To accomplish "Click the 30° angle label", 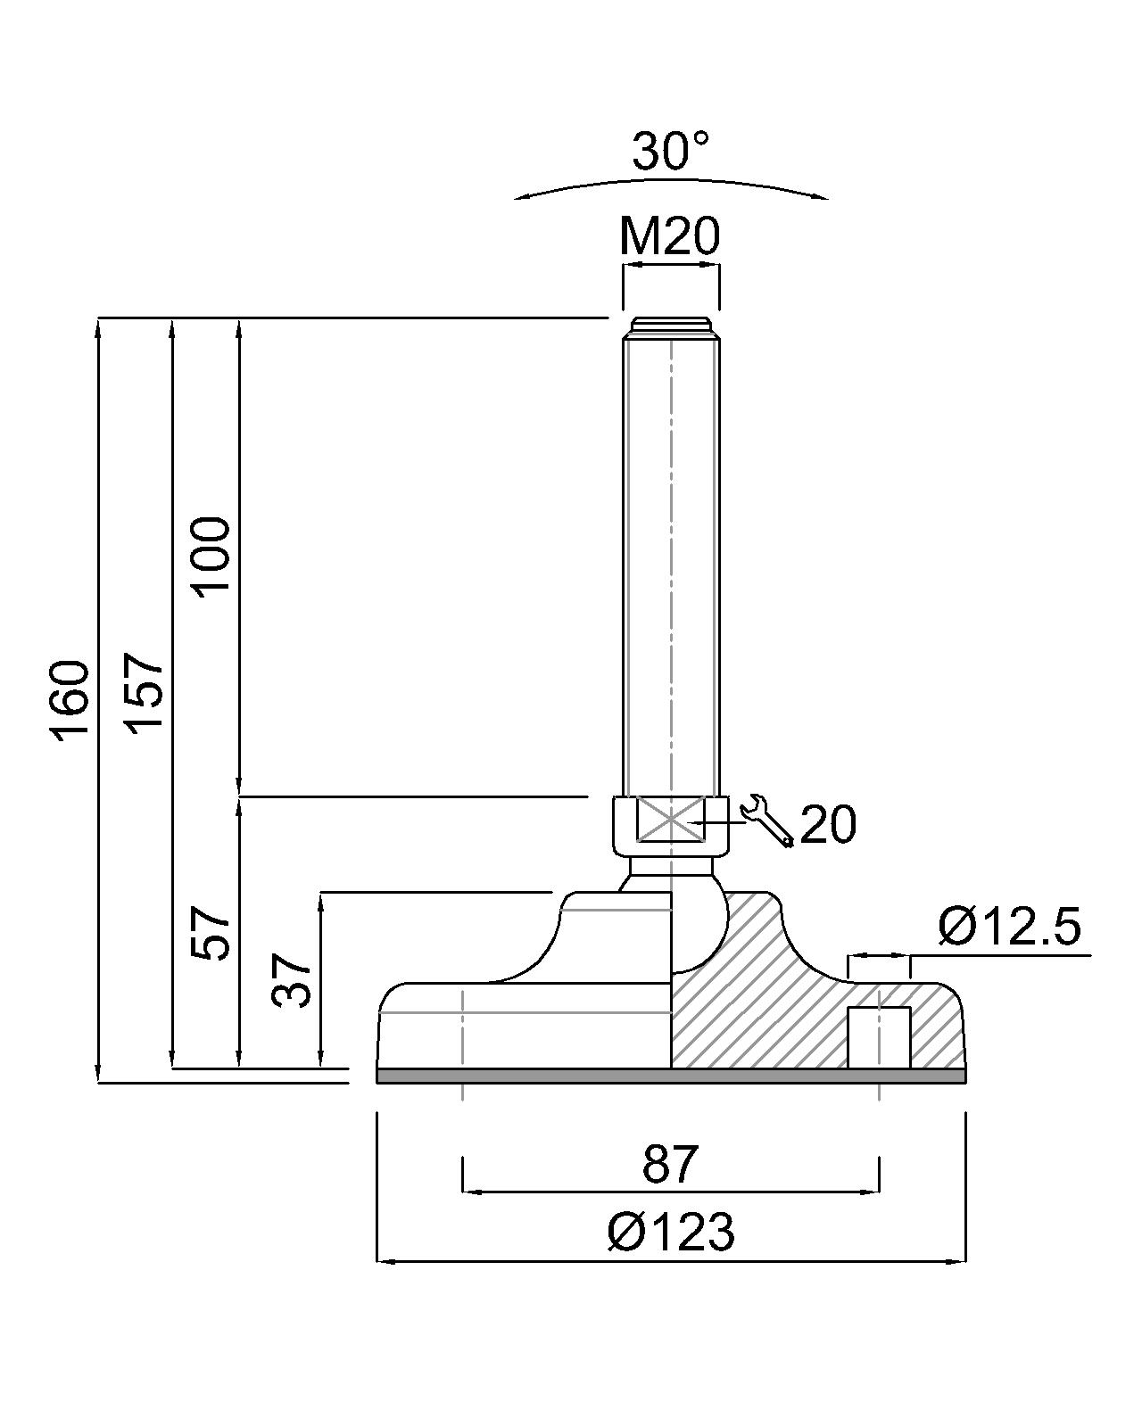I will click(671, 151).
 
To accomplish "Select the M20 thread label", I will click(669, 236).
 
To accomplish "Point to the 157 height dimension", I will click(145, 694).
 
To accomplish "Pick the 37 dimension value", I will click(292, 980).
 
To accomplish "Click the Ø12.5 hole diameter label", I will click(1008, 927).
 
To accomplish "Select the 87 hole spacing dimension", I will click(669, 1165).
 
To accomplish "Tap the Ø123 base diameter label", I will click(671, 1233).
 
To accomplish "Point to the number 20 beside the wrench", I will click(828, 824).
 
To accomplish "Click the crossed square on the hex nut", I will click(670, 818).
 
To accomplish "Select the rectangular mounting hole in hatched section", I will click(878, 1037).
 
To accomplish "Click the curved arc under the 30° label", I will click(671, 186).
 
